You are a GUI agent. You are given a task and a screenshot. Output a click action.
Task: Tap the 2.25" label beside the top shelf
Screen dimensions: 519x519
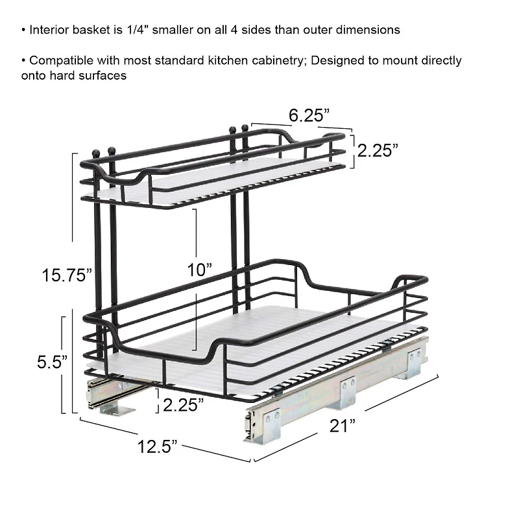[377, 150]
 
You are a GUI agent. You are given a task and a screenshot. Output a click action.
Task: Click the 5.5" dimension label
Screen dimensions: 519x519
[52, 362]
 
